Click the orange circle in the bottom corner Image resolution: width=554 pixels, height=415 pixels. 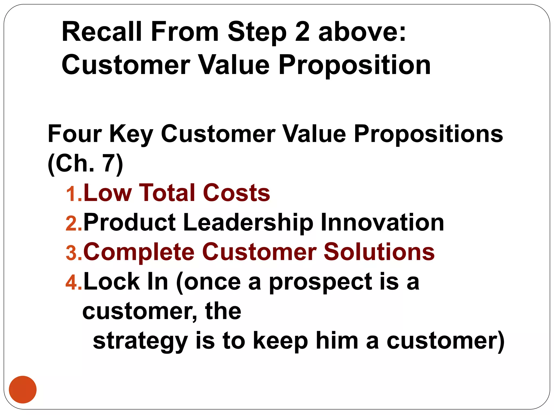[23, 389]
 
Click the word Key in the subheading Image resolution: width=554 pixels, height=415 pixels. [131, 134]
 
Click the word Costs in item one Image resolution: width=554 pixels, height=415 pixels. [236, 193]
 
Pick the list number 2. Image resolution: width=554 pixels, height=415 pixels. [74, 224]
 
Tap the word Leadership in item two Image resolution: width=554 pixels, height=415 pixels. [248, 223]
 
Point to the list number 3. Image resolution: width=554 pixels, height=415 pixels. [74, 253]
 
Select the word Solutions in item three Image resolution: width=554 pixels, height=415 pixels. [379, 252]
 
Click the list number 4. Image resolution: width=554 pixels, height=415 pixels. [74, 283]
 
